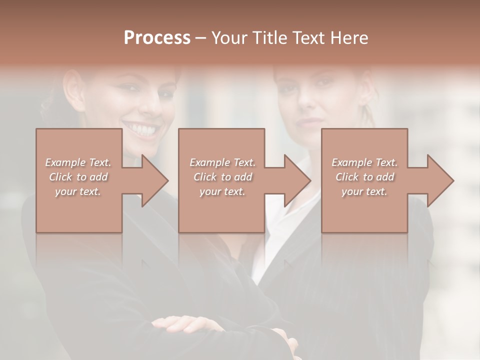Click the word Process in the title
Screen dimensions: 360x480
tap(157, 37)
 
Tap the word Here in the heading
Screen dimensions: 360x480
tap(348, 37)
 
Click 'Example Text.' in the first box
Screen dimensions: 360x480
tap(78, 162)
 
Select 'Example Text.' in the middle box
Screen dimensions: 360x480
tap(222, 162)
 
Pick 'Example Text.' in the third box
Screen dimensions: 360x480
tap(364, 162)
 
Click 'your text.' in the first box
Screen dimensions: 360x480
tap(78, 191)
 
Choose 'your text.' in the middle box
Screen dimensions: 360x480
tap(222, 191)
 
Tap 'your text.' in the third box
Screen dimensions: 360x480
tap(364, 191)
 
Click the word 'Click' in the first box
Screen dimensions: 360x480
tap(60, 177)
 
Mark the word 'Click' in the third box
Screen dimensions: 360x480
tap(347, 177)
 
